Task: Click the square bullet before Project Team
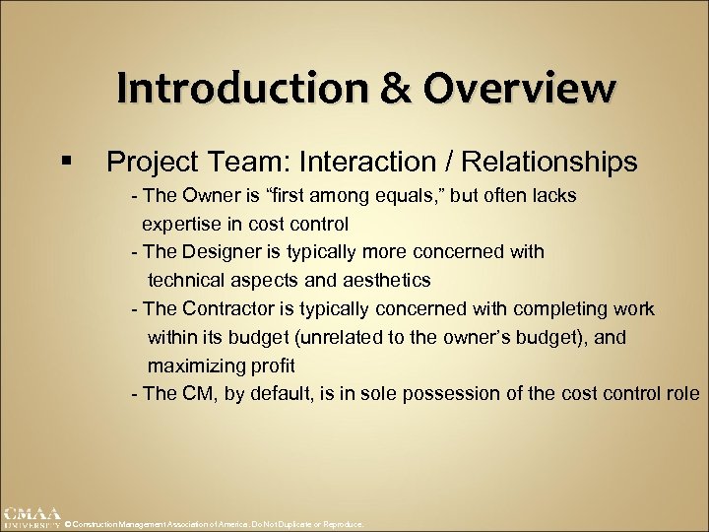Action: (x=65, y=161)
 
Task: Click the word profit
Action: (x=272, y=366)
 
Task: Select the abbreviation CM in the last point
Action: (x=194, y=394)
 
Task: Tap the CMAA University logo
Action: (x=31, y=518)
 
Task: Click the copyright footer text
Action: (x=213, y=525)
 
